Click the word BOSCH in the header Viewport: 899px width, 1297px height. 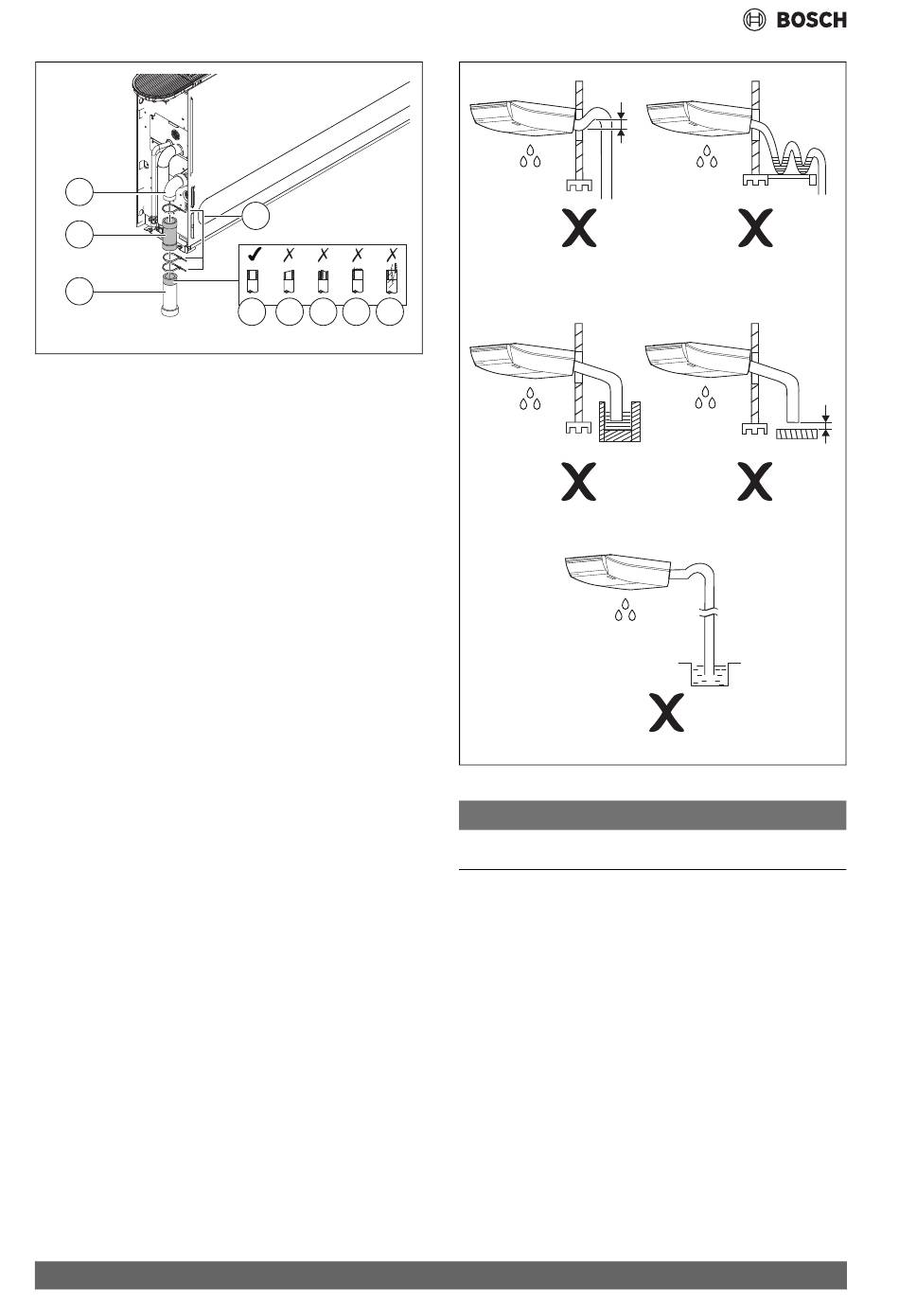(x=812, y=19)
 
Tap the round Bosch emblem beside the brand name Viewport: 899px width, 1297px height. (x=754, y=19)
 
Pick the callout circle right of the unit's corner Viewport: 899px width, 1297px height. (x=256, y=215)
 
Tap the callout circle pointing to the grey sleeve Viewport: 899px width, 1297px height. (x=79, y=234)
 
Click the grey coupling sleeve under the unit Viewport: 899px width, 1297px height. (x=170, y=234)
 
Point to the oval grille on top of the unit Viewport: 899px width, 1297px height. (x=168, y=85)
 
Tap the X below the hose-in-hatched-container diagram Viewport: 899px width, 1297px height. (x=579, y=482)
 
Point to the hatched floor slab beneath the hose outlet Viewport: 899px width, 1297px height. (x=799, y=435)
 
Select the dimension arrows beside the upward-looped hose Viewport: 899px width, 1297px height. (x=621, y=123)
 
